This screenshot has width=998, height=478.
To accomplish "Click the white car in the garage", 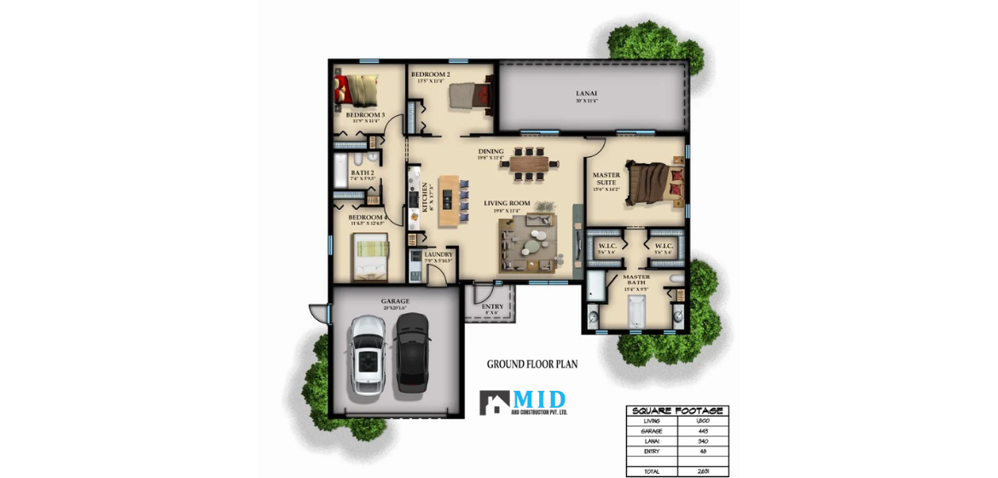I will [x=368, y=354].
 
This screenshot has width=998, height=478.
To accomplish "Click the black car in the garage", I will [x=413, y=352].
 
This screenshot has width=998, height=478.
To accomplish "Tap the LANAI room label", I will [x=587, y=93].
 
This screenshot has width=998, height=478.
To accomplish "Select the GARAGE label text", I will [x=395, y=301].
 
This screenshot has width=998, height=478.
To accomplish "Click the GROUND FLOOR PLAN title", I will [x=532, y=364].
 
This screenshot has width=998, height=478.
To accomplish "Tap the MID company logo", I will [x=522, y=402].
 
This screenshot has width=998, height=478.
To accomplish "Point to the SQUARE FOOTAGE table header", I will [x=677, y=411].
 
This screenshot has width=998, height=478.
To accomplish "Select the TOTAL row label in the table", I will [x=652, y=470].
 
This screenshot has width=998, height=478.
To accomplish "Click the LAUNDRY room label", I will [x=438, y=254].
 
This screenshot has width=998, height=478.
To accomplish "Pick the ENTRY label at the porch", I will [x=492, y=306].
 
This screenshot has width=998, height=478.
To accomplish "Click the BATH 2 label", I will [x=363, y=173].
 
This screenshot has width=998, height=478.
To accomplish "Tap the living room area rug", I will [x=528, y=244].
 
